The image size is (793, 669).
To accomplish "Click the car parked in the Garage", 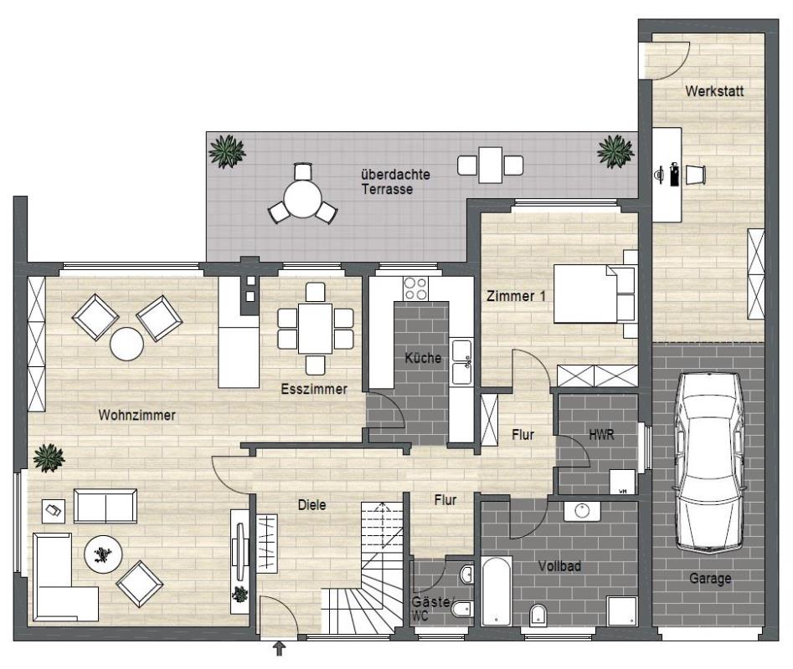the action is point(709,462).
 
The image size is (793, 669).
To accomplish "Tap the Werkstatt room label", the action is point(714,91).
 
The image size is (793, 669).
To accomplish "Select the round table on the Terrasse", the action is point(302,199).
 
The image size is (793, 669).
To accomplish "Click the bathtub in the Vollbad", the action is point(497,590).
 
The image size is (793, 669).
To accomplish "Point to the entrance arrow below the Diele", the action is point(279,649).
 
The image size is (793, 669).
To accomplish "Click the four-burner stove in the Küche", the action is point(415,289).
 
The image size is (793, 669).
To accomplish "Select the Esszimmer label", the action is point(314,389).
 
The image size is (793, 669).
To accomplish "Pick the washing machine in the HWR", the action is point(622,482).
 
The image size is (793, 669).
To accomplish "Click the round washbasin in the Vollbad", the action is point(582,511).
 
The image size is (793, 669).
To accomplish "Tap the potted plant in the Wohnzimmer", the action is point(49,457).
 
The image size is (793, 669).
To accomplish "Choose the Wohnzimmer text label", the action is point(137,415).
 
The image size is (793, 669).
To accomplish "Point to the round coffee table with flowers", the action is point(103,554).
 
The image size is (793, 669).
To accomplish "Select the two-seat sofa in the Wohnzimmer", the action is point(106,505).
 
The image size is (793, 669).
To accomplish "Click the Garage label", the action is point(710,578).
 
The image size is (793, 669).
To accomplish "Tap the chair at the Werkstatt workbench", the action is point(695,175).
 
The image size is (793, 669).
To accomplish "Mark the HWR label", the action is point(600,435).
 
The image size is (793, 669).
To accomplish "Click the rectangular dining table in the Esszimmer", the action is point(315,328).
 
